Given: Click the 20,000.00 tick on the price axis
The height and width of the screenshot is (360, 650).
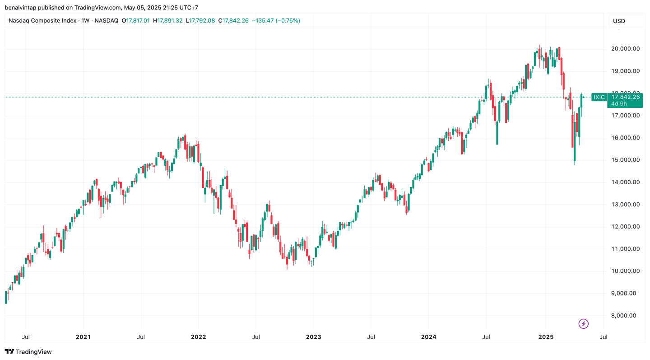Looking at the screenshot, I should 625,49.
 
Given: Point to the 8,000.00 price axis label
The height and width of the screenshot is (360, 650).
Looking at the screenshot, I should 625,316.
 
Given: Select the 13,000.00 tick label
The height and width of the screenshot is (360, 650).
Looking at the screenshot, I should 625,204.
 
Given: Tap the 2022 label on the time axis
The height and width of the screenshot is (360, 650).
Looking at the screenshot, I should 198,337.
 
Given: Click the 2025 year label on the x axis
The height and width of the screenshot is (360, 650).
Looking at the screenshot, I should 545,337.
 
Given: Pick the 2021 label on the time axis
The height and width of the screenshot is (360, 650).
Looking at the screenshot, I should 83,337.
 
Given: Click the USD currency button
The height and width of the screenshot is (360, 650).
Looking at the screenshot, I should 619,21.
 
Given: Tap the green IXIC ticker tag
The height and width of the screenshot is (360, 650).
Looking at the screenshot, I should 599,97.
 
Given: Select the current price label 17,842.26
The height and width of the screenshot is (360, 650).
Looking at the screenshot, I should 625,97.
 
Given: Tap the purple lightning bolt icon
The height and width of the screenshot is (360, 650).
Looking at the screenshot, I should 584,323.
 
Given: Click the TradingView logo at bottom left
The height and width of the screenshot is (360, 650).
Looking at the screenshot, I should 28,351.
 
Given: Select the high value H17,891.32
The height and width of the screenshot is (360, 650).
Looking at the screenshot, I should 168,21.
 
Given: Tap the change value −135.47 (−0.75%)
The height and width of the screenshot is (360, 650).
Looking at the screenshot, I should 276,21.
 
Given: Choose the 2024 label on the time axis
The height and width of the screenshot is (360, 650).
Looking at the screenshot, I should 428,337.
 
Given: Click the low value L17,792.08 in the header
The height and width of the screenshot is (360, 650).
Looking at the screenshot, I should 200,21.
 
